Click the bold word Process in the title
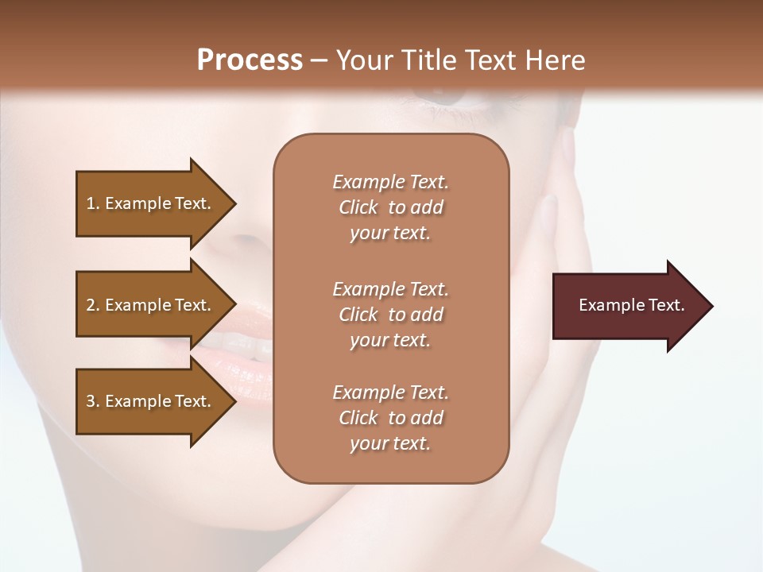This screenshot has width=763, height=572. pyautogui.click(x=250, y=60)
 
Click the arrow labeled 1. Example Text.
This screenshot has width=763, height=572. pyautogui.click(x=151, y=203)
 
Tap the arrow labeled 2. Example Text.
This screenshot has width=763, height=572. pyautogui.click(x=151, y=305)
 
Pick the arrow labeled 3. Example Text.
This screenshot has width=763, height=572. pyautogui.click(x=151, y=401)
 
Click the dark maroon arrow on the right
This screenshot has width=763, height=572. pyautogui.click(x=628, y=306)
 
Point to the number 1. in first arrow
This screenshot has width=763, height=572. pyautogui.click(x=93, y=203)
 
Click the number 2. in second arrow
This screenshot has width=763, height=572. pyautogui.click(x=93, y=305)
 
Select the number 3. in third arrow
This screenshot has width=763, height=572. pyautogui.click(x=93, y=401)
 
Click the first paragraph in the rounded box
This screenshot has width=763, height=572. pyautogui.click(x=390, y=207)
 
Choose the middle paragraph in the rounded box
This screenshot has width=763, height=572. pyautogui.click(x=390, y=315)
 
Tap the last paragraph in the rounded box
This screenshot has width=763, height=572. pyautogui.click(x=390, y=418)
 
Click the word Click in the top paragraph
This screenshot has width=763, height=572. pyautogui.click(x=358, y=207)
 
